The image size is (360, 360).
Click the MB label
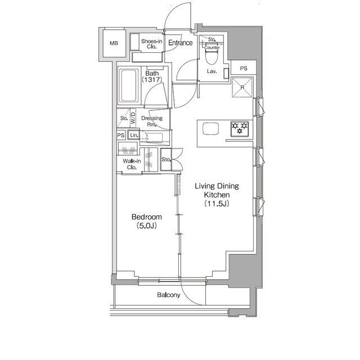[x=114, y=43]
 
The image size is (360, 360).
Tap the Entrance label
[x=181, y=43]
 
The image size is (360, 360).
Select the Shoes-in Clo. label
[x=152, y=44]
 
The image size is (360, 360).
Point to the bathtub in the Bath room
[x=129, y=85]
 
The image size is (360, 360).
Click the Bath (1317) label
[x=152, y=76]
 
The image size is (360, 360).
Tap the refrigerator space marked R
[x=242, y=87]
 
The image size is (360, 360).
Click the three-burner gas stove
[x=240, y=129]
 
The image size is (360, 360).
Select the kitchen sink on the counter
[x=210, y=129]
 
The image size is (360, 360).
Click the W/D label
[x=133, y=118]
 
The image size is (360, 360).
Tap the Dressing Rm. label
[x=152, y=121]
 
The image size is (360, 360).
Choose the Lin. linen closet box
[x=134, y=135]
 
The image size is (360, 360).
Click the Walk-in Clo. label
[x=132, y=164]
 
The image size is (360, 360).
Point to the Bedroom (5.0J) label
[x=147, y=221]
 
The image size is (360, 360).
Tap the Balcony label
[x=169, y=295]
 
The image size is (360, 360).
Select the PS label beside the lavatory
[x=244, y=68]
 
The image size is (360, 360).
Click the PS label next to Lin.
[x=121, y=136]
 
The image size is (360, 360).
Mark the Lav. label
[x=211, y=71]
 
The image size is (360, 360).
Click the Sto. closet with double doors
[x=166, y=159]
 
